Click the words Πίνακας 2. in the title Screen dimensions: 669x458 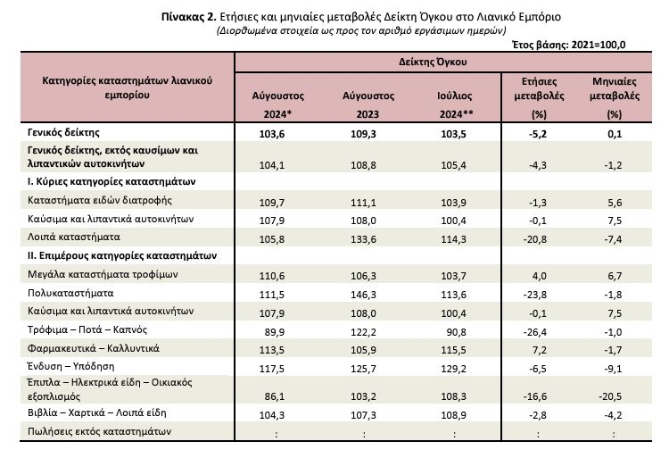(189, 17)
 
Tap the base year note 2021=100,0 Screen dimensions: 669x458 (599, 45)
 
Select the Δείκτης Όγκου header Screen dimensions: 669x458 (433, 62)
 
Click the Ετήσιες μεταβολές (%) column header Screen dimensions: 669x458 (539, 97)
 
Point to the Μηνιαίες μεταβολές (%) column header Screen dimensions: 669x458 (615, 97)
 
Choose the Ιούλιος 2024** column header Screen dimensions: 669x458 (455, 105)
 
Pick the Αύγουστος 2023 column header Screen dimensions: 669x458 (368, 105)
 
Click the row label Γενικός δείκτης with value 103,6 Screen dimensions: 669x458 (63, 132)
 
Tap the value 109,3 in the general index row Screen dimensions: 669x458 (363, 134)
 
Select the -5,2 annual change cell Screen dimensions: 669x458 (538, 134)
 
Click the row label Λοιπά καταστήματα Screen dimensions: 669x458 (74, 237)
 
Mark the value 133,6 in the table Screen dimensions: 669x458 (363, 239)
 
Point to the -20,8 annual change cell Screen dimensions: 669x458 (534, 239)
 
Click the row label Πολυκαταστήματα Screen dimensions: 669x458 (70, 293)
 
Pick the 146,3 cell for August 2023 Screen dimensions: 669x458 (363, 295)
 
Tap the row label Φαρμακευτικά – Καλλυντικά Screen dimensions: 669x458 (94, 348)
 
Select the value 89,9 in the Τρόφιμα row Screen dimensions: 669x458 (275, 332)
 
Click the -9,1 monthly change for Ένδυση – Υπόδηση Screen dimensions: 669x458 (613, 369)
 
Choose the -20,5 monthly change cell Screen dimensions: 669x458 (610, 396)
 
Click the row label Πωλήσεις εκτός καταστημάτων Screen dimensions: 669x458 (99, 431)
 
